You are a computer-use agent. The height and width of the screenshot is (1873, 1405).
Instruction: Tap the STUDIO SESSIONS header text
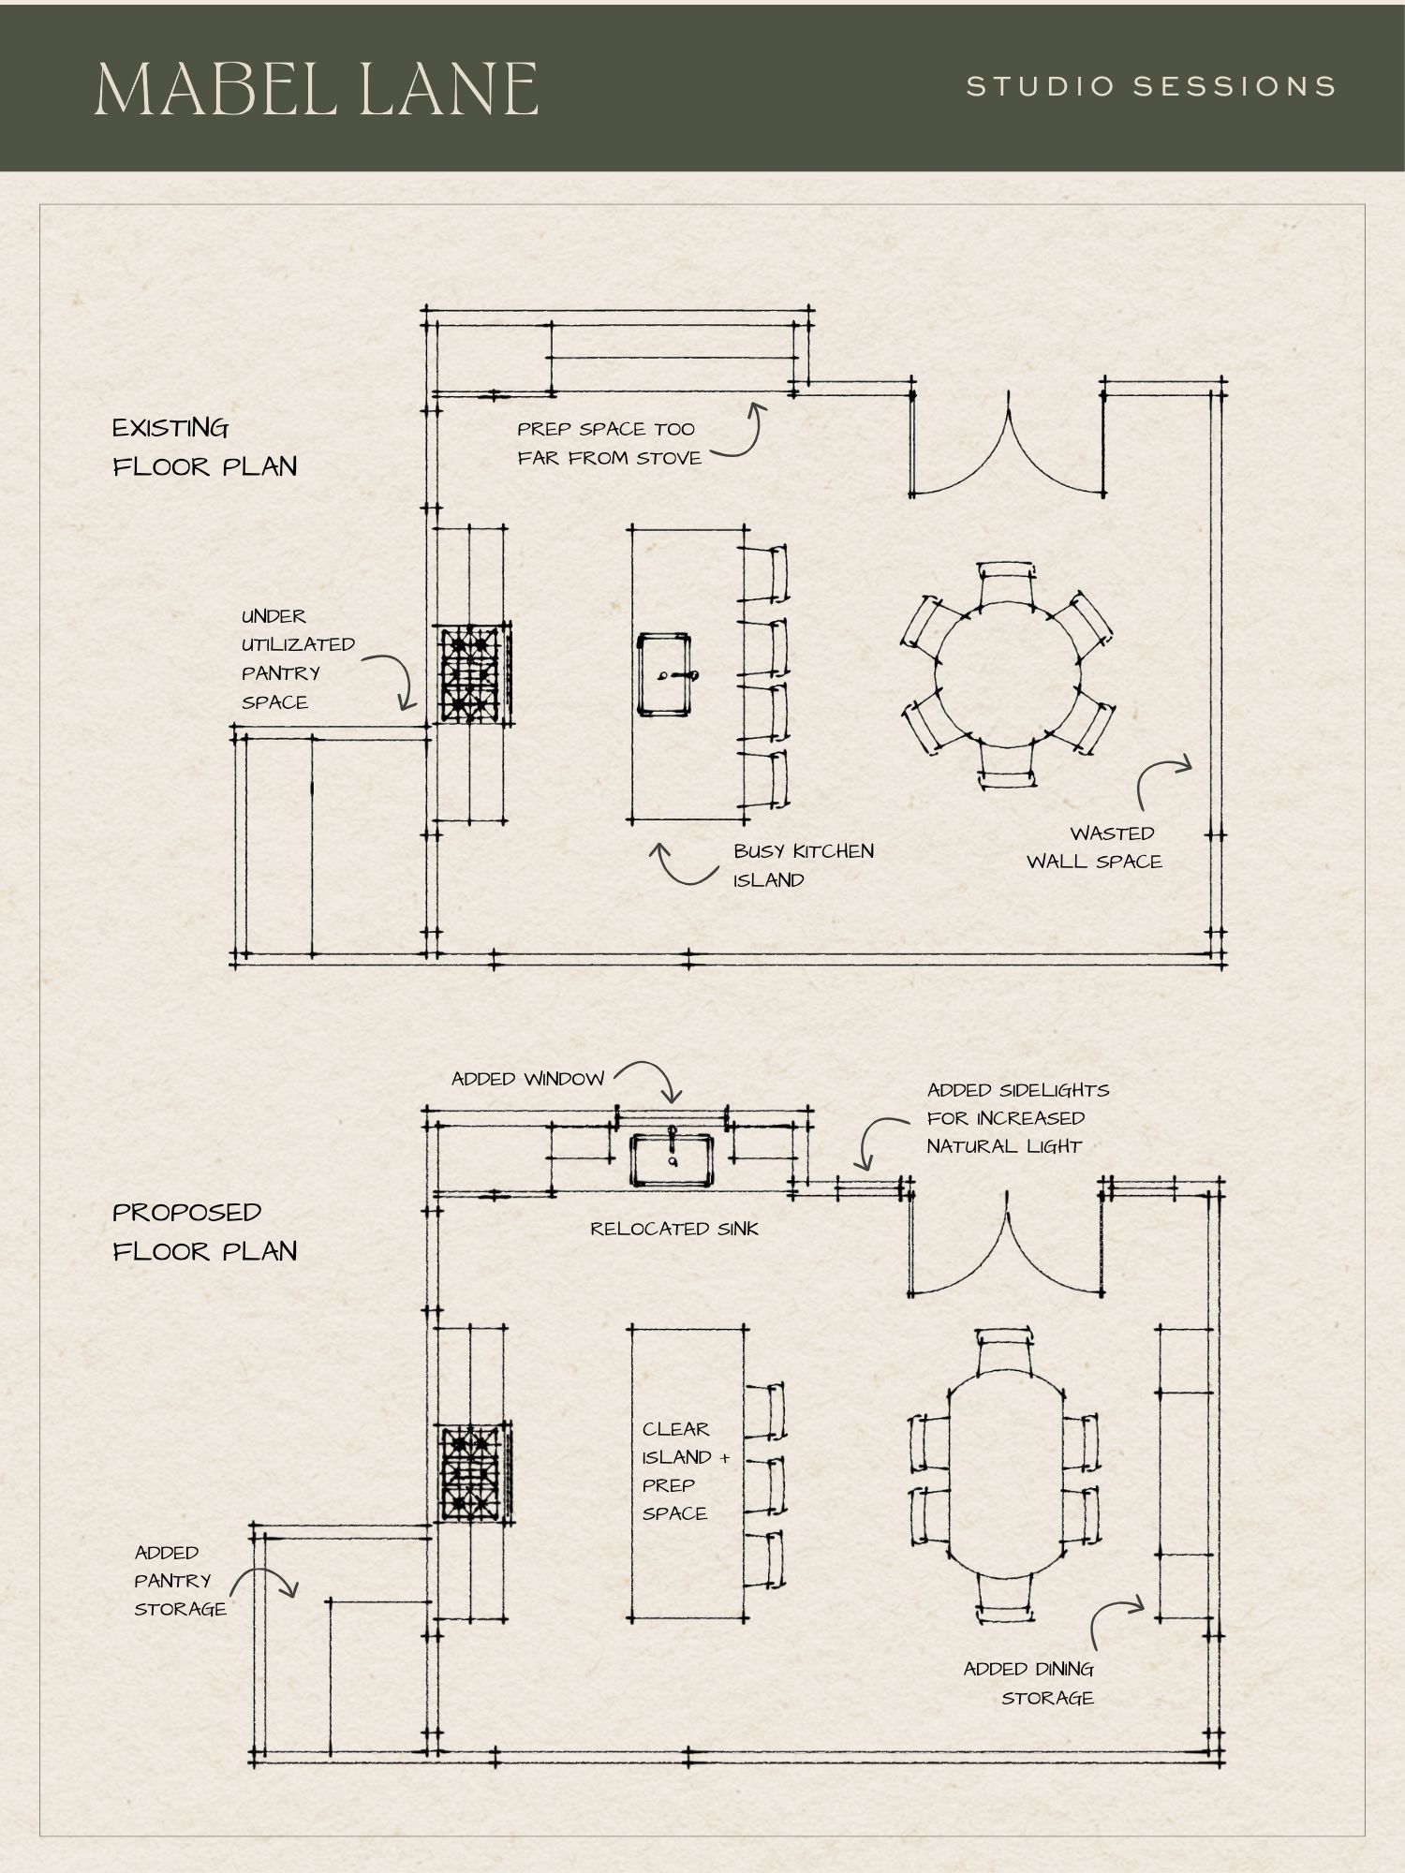tap(1151, 87)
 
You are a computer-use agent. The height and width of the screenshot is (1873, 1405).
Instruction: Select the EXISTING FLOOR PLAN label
tap(205, 448)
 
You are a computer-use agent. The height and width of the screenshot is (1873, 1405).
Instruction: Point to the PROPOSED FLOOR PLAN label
tap(205, 1231)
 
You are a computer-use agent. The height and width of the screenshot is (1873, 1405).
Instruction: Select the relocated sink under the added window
tap(672, 1158)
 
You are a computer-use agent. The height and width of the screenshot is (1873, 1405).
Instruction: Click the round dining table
tap(1008, 674)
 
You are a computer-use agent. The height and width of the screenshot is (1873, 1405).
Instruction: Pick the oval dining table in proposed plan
tap(1007, 1473)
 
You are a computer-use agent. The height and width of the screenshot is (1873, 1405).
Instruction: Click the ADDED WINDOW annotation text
tap(528, 1079)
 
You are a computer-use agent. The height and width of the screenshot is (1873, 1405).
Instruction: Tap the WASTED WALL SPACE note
tap(1094, 848)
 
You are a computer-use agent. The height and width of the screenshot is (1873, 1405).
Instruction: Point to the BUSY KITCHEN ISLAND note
tap(804, 865)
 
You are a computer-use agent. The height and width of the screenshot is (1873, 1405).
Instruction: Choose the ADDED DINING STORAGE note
tap(1029, 1683)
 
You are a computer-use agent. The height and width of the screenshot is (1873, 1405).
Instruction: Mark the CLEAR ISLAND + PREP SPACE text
tap(685, 1470)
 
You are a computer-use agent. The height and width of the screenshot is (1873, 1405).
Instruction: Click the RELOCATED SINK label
tap(674, 1229)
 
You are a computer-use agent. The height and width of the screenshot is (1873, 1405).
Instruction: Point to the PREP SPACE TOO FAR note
tap(609, 444)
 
